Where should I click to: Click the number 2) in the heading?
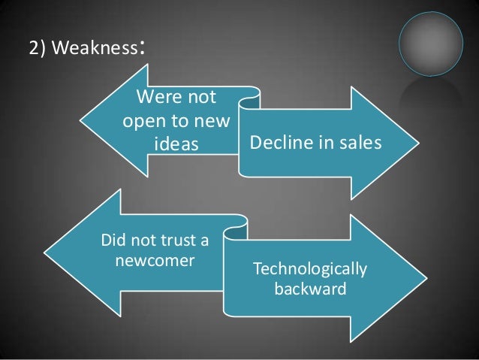coord(37,50)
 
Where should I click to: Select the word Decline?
coord(278,143)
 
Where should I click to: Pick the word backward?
coord(310,288)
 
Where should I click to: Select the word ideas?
coord(176,143)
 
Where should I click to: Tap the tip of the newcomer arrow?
coord(47,251)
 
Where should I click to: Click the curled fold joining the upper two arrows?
coord(251,95)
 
